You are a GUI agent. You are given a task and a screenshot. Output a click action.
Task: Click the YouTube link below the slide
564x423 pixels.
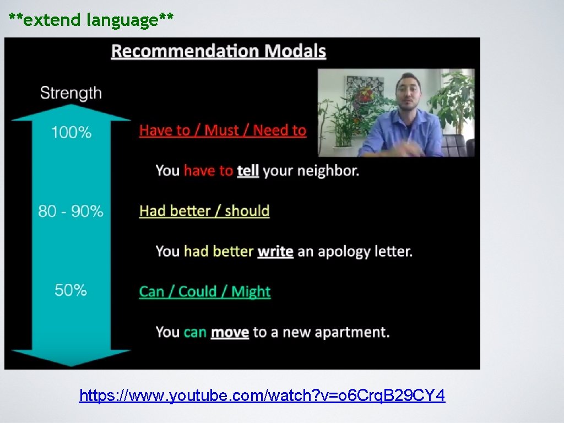click(x=262, y=395)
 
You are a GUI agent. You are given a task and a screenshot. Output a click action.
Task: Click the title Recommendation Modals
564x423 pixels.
click(x=218, y=51)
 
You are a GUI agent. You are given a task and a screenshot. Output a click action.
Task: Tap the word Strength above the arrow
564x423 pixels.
click(x=70, y=93)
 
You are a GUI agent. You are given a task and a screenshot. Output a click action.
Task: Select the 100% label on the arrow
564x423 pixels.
click(x=71, y=132)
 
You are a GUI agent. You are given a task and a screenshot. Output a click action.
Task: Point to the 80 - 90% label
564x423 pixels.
click(x=70, y=211)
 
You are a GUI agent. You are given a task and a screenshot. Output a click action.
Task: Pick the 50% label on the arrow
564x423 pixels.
click(x=70, y=290)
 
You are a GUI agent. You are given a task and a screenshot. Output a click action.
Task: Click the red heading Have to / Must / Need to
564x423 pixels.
click(x=223, y=131)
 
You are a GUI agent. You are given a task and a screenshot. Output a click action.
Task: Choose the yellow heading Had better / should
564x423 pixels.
click(x=204, y=211)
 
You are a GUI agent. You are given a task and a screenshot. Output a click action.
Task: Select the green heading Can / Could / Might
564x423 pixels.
click(x=205, y=291)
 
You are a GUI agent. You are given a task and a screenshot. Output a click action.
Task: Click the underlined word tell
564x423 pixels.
click(x=248, y=171)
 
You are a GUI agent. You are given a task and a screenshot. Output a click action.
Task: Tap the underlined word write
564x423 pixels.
click(x=275, y=252)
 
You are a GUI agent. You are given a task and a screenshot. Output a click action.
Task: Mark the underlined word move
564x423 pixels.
click(x=230, y=333)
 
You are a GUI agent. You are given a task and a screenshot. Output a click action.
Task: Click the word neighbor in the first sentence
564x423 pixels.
click(x=328, y=171)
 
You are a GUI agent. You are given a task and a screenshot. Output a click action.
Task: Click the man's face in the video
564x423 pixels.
click(x=408, y=91)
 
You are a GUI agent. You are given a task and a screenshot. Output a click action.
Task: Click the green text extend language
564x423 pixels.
click(x=91, y=20)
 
